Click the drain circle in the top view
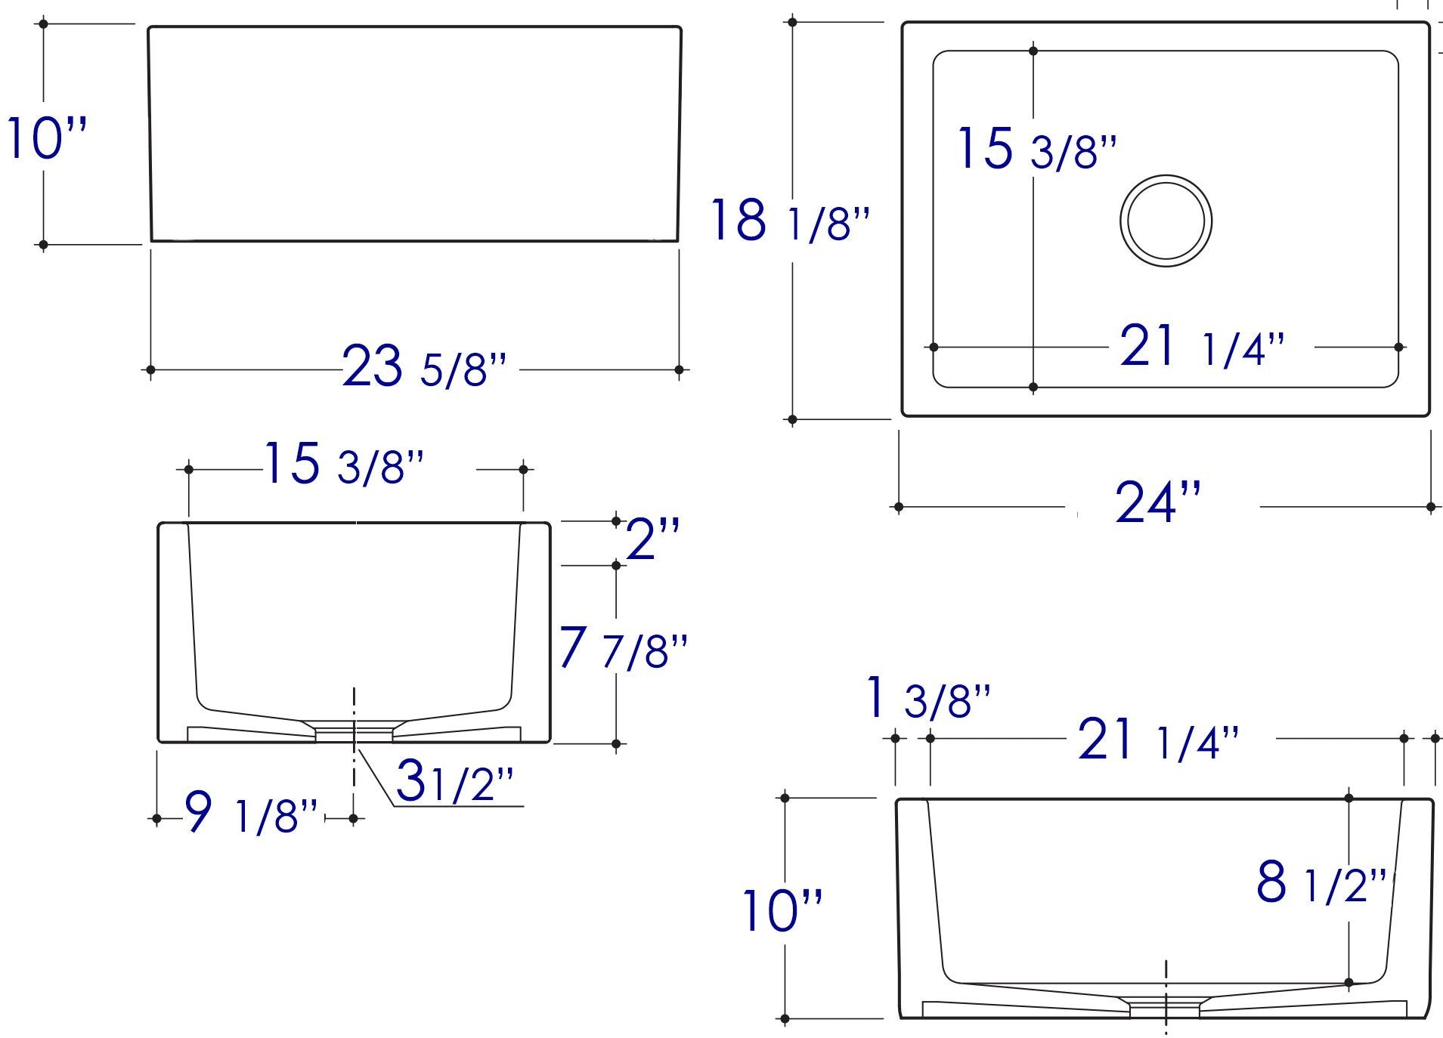(x=1166, y=221)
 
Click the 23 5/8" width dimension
(x=424, y=366)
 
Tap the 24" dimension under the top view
(x=1157, y=502)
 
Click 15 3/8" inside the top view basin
(x=1035, y=149)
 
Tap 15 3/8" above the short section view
(x=343, y=465)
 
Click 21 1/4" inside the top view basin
(x=1201, y=346)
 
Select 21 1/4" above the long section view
(x=1157, y=740)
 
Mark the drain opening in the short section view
(x=354, y=731)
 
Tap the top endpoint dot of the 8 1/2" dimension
(x=1349, y=798)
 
